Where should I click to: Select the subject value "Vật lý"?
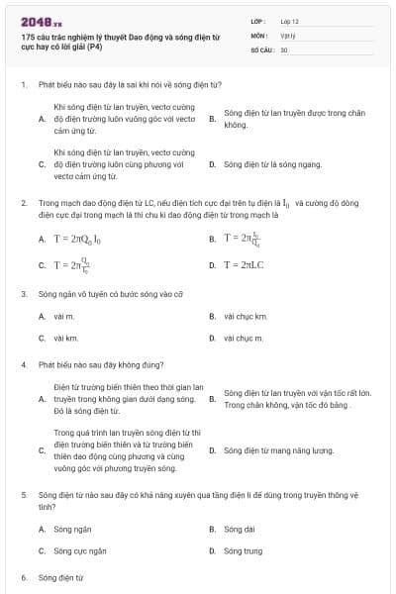(288, 35)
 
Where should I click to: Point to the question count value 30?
(284, 49)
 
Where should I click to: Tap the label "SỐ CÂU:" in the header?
(261, 49)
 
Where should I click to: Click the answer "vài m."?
(64, 316)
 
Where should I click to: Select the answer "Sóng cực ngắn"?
(80, 550)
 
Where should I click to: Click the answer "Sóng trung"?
(243, 550)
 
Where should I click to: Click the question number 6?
(23, 576)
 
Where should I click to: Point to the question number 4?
(23, 364)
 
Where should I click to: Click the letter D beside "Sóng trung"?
(212, 550)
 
